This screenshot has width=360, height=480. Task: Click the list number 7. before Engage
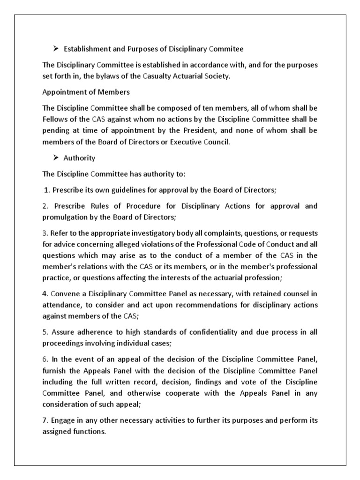coord(45,420)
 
